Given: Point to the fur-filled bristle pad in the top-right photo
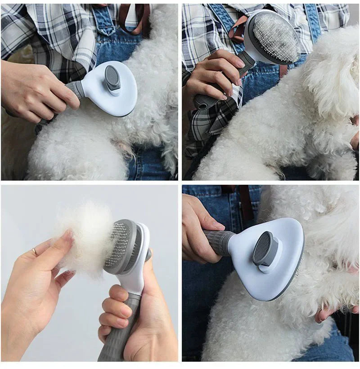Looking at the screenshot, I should (275, 36).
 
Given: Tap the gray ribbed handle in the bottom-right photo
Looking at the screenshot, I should (219, 242).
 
